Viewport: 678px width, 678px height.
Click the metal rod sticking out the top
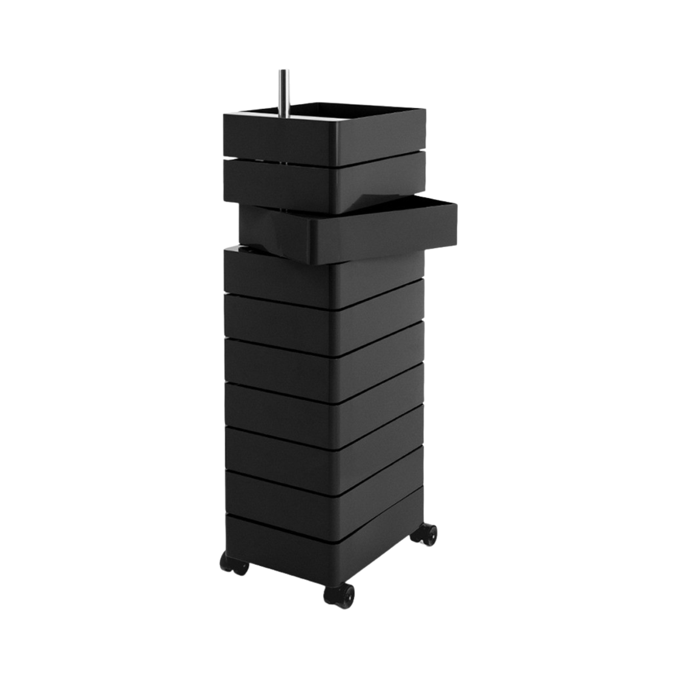click(x=282, y=90)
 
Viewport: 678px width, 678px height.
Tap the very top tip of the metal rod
click(x=282, y=70)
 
